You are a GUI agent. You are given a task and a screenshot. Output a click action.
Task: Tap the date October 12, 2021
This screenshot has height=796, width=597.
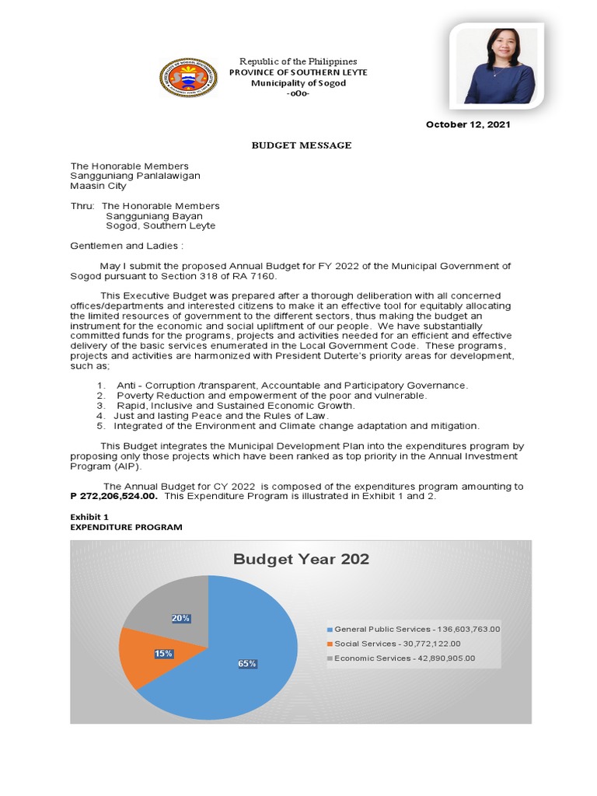pyautogui.click(x=468, y=124)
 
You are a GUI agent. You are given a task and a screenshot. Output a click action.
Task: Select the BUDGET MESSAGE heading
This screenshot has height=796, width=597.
pyautogui.click(x=300, y=145)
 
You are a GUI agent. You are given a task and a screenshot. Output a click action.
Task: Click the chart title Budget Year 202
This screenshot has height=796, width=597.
pyautogui.click(x=301, y=559)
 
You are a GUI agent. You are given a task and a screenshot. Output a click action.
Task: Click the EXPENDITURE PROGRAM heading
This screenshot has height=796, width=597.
pyautogui.click(x=127, y=527)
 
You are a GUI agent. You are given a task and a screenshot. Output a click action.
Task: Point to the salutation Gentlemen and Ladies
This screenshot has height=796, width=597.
pyautogui.click(x=127, y=246)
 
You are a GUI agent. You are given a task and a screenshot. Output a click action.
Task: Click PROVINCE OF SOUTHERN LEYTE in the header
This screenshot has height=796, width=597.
pyautogui.click(x=298, y=72)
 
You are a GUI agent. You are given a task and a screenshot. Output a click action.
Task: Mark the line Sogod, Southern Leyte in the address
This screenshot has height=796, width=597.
pyautogui.click(x=160, y=226)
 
